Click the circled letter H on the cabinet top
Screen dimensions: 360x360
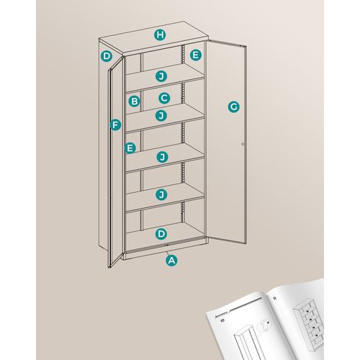point(160,35)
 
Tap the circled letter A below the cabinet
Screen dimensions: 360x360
point(171,261)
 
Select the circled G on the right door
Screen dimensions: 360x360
point(233,107)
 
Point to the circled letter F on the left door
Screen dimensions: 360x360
point(114,124)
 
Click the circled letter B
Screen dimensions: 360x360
point(134,102)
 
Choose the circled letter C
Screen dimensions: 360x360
point(163,97)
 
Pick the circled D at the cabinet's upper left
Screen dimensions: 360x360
point(107,55)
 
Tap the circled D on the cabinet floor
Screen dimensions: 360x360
point(161,233)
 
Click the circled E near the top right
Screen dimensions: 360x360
point(195,55)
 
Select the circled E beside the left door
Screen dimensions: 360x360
point(130,148)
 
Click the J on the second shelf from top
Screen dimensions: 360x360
point(161,115)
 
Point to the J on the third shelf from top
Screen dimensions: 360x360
point(162,156)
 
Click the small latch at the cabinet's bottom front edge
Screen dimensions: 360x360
point(167,251)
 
